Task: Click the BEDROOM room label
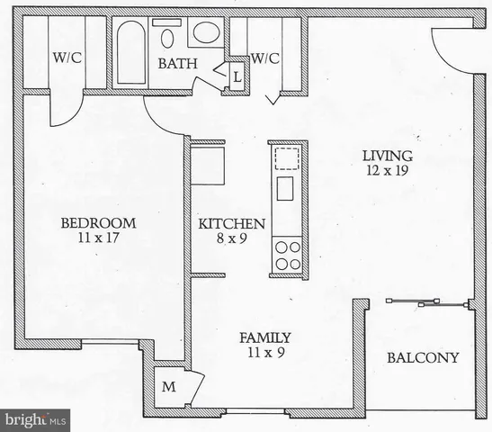pos(98,222)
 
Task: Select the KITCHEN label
pos(231,223)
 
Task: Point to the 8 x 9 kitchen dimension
pos(231,238)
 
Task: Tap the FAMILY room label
pos(264,337)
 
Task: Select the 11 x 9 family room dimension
pos(264,353)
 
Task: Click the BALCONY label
pos(422,357)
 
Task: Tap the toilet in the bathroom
pos(167,36)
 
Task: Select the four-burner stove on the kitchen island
pos(287,255)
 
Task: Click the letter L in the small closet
pos(237,76)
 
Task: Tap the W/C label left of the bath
pos(67,58)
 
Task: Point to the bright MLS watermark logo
pos(36,419)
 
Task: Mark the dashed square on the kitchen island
pos(286,159)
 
